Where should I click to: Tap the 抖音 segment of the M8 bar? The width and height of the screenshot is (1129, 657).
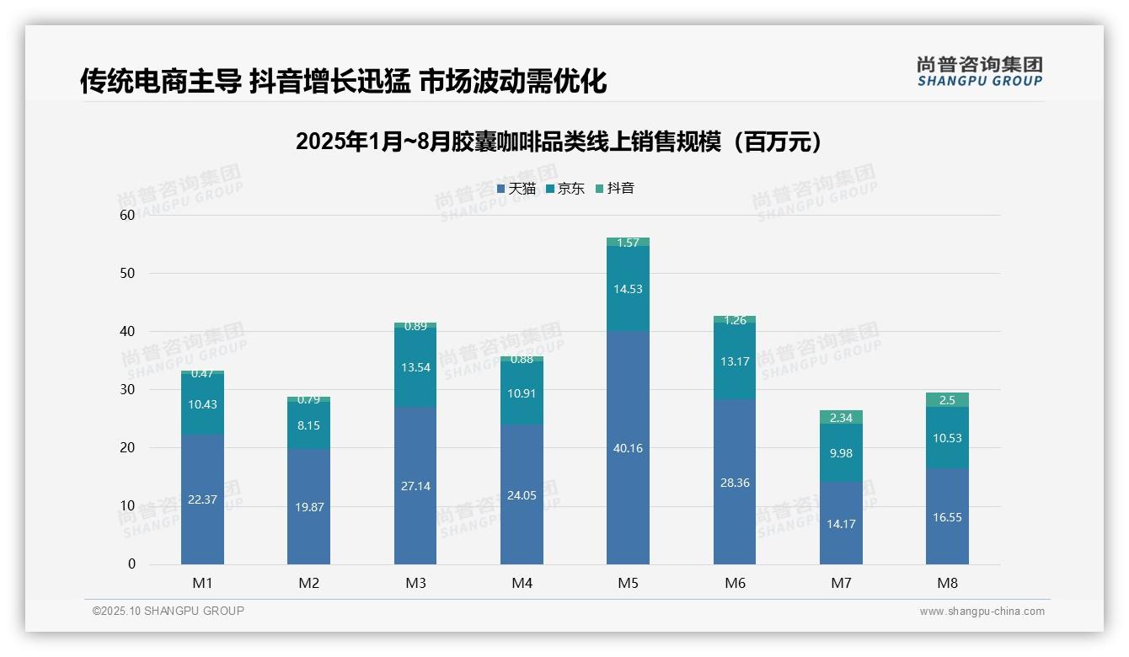click(947, 400)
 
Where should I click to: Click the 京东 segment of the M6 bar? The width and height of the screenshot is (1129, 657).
click(735, 361)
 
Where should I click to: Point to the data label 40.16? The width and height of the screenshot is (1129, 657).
click(628, 448)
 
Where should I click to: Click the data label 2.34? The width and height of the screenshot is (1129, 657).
click(841, 418)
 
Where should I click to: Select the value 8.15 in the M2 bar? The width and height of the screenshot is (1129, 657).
click(308, 426)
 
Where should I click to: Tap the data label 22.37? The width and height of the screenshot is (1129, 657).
click(202, 499)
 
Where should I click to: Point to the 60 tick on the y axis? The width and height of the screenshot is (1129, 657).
click(127, 215)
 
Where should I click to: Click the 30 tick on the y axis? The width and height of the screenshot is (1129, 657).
click(127, 389)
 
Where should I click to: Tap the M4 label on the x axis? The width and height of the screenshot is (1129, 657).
click(522, 583)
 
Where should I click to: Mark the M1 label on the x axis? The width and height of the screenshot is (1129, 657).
click(202, 583)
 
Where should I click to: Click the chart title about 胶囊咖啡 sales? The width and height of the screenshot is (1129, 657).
click(559, 142)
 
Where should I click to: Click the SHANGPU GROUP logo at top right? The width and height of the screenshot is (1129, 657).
click(979, 72)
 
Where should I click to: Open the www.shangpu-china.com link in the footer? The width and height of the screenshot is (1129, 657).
click(982, 612)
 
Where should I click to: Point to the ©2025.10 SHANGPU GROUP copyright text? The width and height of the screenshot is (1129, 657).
click(169, 612)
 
